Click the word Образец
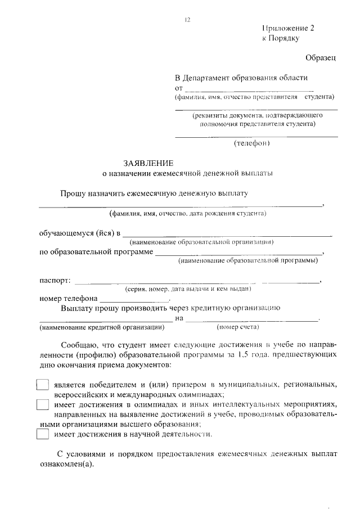321,57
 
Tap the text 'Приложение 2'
287,28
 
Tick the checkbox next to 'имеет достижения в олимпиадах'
42,404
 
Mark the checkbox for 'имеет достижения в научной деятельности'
42,434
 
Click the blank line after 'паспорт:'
197,281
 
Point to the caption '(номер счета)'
237,327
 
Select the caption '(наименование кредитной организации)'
102,327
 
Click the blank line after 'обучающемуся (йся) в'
227,235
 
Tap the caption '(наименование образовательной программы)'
247,260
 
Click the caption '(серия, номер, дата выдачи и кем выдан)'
187,289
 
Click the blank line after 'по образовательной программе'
239,253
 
